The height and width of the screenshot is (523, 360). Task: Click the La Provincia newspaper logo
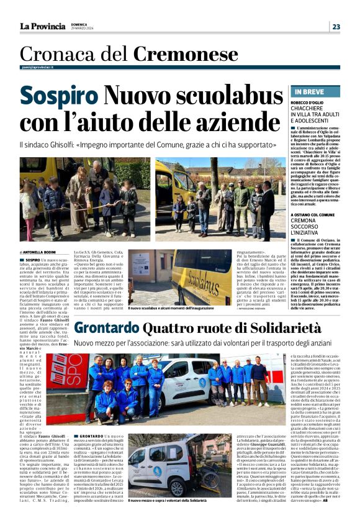coord(42,26)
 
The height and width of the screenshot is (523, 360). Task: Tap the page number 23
coord(336,27)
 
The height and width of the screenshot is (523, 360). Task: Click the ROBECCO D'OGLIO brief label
coord(309,102)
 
